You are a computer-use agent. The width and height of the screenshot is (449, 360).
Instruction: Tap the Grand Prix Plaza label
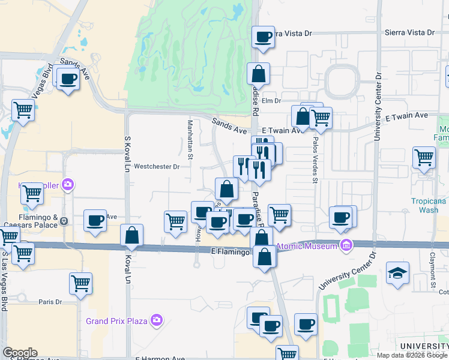[116, 320]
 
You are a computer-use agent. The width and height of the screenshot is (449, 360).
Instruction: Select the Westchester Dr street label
[157, 167]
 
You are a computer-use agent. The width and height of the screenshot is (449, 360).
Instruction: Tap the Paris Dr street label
[50, 302]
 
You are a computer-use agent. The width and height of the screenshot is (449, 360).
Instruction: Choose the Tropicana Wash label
[429, 206]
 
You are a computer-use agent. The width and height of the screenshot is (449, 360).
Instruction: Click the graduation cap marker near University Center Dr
[397, 273]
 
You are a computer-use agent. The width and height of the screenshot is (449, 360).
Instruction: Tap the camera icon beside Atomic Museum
[346, 245]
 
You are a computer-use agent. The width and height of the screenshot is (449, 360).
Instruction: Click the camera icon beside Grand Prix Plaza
[157, 320]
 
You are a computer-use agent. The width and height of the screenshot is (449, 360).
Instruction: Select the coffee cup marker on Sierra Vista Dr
[263, 38]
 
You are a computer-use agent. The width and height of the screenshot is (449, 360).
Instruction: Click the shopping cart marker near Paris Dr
[80, 283]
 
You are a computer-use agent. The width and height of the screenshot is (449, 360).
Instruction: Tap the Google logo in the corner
[20, 353]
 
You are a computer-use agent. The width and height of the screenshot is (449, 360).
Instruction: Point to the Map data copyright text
[412, 355]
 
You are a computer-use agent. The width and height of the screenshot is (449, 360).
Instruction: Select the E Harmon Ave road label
[160, 359]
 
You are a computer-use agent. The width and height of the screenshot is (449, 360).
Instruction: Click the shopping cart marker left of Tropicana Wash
[424, 158]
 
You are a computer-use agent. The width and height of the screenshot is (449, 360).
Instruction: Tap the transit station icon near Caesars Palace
[64, 222]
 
